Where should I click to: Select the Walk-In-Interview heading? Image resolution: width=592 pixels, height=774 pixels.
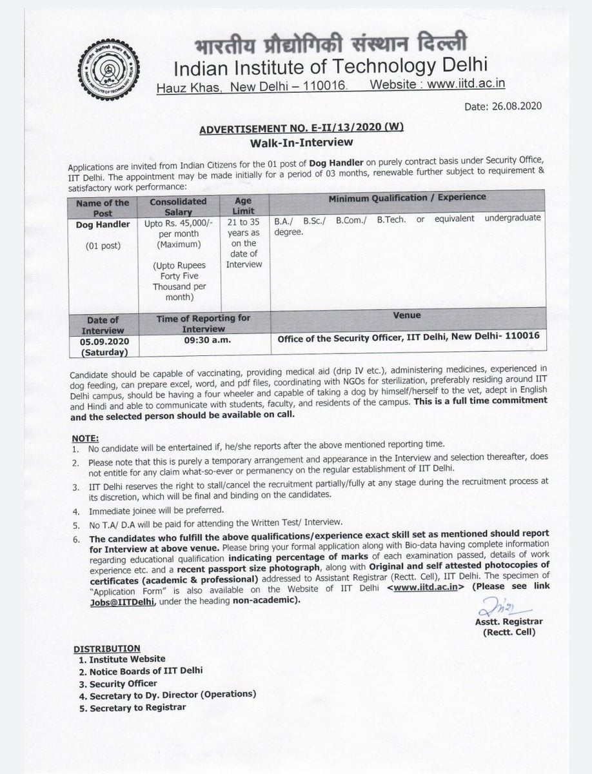click(301, 142)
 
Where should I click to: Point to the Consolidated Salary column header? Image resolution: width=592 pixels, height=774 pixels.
click(178, 206)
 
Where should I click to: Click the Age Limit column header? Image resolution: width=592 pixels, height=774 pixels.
click(243, 206)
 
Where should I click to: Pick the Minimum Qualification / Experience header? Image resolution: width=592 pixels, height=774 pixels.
click(407, 197)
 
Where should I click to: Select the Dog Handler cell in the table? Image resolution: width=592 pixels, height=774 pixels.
click(103, 224)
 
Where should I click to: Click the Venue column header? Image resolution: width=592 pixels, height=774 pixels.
click(406, 315)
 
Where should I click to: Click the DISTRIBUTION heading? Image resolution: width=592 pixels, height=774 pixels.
click(106, 648)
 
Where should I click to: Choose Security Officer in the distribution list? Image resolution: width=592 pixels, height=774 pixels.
click(123, 683)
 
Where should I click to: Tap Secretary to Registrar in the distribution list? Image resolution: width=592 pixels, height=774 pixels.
click(137, 708)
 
